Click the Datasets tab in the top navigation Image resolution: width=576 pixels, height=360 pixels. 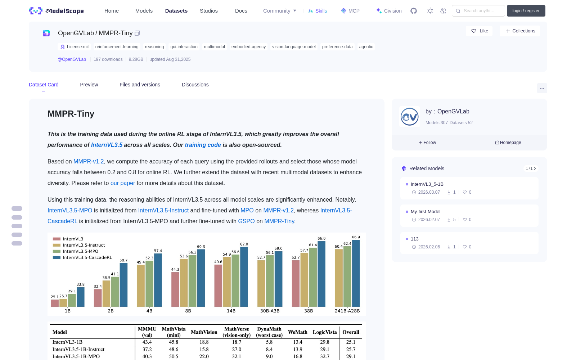point(176,11)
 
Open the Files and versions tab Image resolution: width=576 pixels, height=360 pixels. point(140,85)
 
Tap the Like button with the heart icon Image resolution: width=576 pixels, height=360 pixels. point(479,31)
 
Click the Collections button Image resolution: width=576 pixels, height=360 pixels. point(520,31)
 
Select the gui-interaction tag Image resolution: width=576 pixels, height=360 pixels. point(184,47)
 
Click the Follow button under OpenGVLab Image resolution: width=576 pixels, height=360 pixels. point(427,143)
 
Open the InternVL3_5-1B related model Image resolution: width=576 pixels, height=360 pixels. point(427,184)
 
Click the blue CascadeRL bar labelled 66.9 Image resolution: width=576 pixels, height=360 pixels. point(356,273)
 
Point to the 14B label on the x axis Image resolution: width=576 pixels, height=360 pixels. point(231,311)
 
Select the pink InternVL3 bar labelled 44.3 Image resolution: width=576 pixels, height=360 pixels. point(175,289)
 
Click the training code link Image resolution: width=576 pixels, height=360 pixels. point(203,145)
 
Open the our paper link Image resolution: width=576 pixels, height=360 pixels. point(123,183)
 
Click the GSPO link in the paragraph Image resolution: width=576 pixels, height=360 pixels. point(246,221)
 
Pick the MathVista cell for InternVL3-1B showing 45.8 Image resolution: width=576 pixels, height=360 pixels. point(174,342)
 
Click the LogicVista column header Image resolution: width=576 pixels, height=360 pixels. point(324,332)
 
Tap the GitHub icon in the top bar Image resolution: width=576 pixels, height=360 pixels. point(414,11)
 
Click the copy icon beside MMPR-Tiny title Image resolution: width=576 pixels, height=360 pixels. point(137,33)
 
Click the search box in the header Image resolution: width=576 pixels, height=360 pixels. point(478,11)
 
